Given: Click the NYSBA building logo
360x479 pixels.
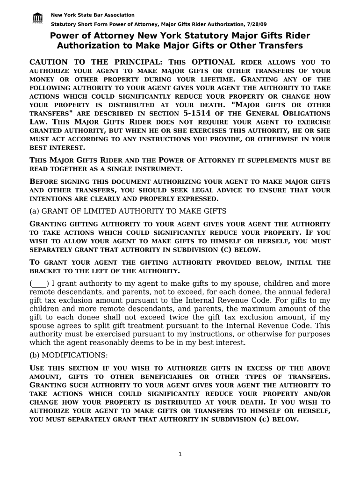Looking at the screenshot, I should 38,18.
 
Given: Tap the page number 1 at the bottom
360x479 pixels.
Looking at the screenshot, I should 180,455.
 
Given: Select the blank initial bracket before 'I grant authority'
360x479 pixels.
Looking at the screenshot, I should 39,283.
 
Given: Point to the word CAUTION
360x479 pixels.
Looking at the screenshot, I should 49,62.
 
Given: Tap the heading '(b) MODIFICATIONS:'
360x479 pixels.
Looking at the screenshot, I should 69,355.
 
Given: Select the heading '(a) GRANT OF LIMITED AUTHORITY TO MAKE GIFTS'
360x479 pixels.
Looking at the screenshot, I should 128,211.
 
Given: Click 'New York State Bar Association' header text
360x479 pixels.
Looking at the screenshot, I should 93,15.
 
